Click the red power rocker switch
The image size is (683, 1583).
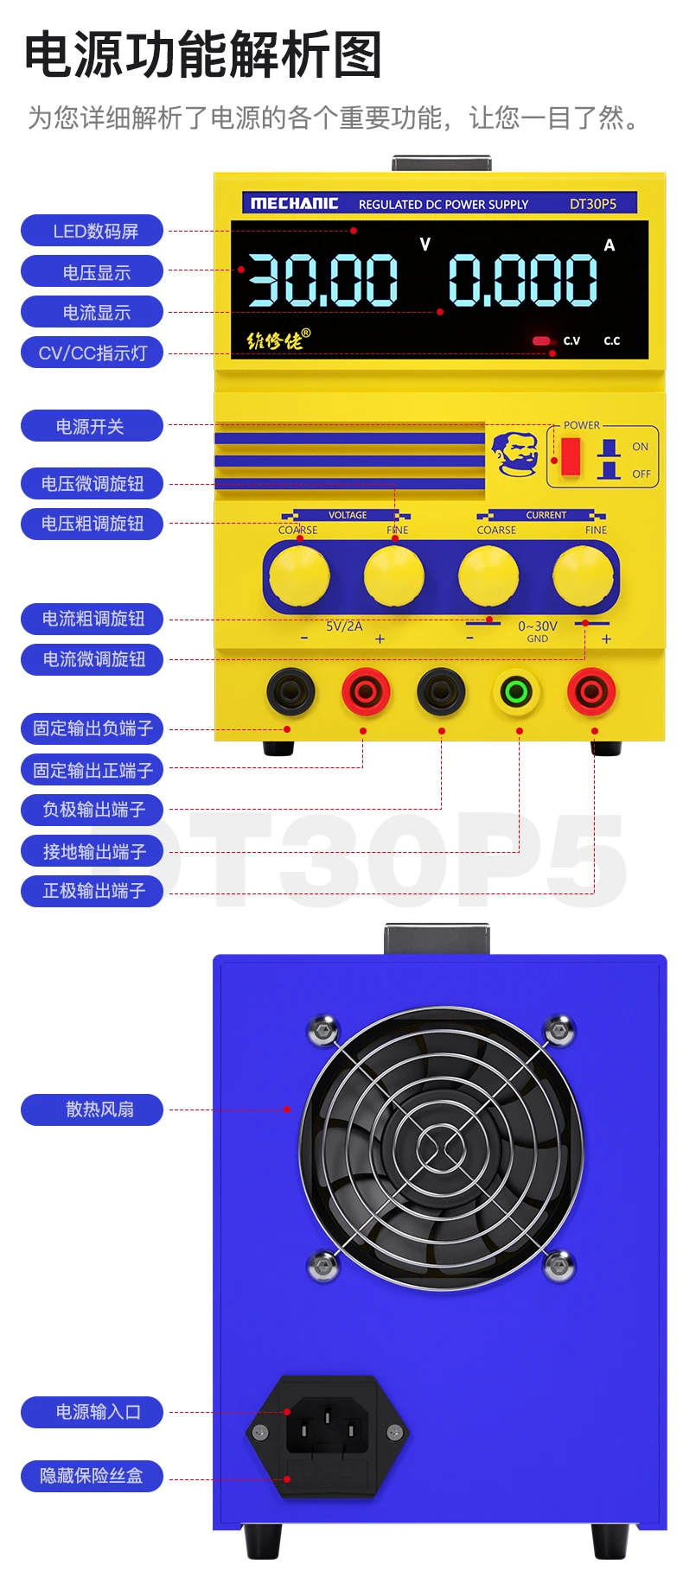coord(571,456)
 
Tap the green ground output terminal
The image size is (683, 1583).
coord(516,691)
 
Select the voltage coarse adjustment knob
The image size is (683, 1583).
coord(299,576)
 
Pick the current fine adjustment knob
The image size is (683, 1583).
coord(584,576)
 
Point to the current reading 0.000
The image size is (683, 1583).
coord(523,281)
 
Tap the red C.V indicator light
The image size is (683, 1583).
coord(542,340)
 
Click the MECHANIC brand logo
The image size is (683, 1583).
coord(294,204)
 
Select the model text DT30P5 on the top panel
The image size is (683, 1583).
coord(593,204)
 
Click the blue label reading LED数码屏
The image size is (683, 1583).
coord(93,231)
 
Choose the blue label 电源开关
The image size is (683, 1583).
coord(93,426)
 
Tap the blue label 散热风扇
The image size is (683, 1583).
coord(93,1109)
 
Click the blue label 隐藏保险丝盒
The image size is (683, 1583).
coord(93,1476)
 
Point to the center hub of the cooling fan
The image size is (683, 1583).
coord(441,1148)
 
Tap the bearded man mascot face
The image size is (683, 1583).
coord(514,453)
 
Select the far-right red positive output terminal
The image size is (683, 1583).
coord(591,691)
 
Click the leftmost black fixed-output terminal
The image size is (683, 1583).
coord(290,691)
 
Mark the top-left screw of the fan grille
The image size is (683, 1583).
coord(323,1030)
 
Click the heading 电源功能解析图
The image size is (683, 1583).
coord(203,54)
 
